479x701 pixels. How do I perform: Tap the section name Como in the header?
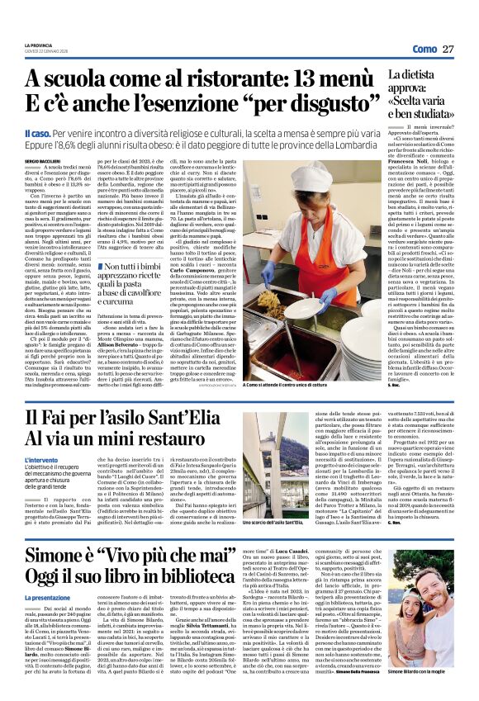coord(424,50)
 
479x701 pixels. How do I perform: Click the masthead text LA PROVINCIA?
coord(39,45)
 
